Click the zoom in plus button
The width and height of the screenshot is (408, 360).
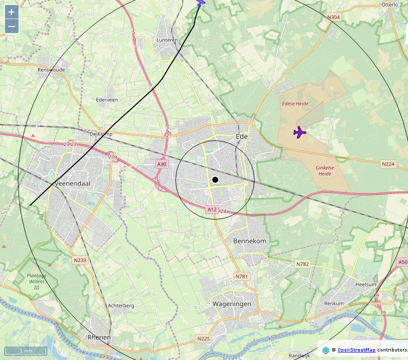11,12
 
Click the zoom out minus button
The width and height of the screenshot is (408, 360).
11,26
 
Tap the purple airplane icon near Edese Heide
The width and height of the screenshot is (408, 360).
299,132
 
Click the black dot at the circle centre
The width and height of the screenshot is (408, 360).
215,179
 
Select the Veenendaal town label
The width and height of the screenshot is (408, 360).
72,183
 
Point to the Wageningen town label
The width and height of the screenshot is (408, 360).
231,304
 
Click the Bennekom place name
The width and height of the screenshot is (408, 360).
249,241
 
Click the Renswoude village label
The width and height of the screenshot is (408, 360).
51,70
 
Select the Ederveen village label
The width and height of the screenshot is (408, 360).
107,99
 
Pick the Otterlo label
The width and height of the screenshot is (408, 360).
389,4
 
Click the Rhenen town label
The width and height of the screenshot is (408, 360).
99,337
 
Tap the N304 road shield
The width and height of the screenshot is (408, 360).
333,17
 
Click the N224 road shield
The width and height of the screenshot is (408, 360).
388,164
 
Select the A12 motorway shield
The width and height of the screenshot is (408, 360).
212,210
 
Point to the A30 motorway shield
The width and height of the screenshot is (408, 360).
161,164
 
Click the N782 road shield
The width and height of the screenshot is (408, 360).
302,264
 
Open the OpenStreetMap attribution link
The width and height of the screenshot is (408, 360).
356,350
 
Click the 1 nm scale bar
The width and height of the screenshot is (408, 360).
25,351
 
